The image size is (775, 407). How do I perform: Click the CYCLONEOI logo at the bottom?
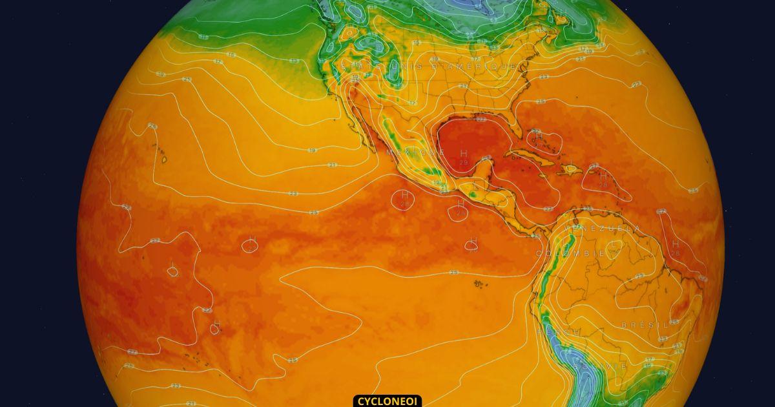tap(387, 401)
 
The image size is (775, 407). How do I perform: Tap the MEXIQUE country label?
tap(415, 152)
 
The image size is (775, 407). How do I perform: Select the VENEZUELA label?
tap(603, 229)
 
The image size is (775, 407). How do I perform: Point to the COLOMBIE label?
tap(572, 254)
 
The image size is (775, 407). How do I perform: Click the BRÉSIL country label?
tap(645, 325)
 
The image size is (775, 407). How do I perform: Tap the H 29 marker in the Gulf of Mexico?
tap(464, 157)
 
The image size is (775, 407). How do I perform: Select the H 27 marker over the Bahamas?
tap(537, 138)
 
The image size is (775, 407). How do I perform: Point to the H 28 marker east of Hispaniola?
tap(603, 179)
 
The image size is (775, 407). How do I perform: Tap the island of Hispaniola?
tap(572, 169)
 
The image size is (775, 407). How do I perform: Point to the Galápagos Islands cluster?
tap(479, 283)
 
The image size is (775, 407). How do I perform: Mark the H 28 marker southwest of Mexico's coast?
tap(405, 198)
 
